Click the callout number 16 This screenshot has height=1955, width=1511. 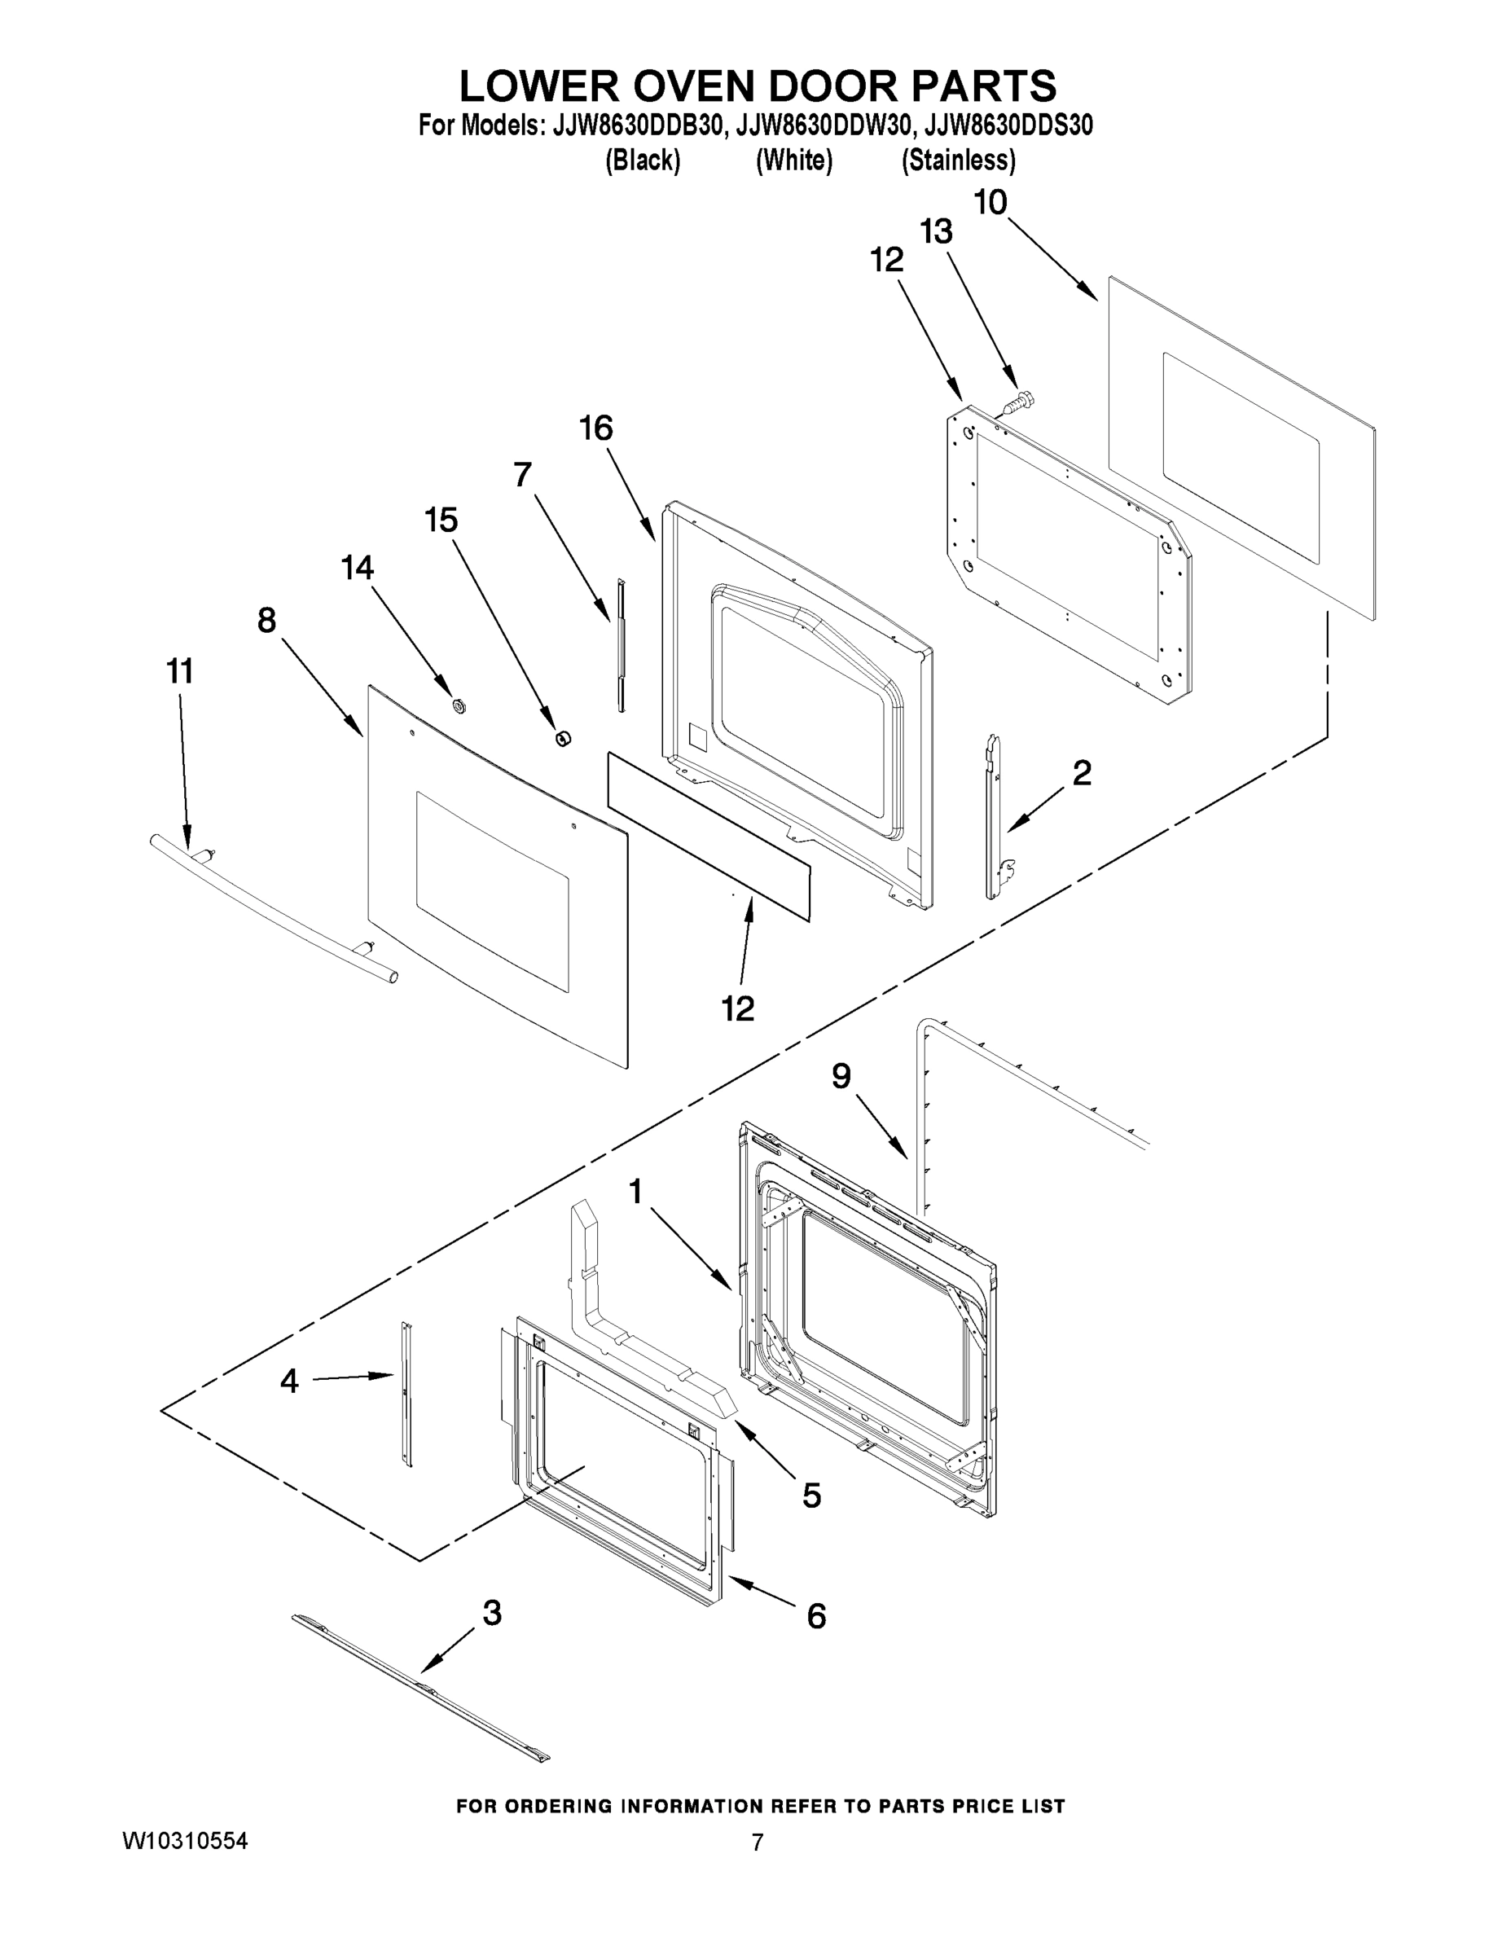pyautogui.click(x=596, y=428)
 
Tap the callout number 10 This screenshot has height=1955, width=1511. pyautogui.click(x=990, y=203)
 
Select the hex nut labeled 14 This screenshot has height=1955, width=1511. pyautogui.click(x=459, y=706)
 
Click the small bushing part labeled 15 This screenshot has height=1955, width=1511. pyautogui.click(x=563, y=737)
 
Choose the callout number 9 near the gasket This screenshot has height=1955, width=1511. pyautogui.click(x=841, y=1076)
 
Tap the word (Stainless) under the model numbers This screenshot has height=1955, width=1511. pyautogui.click(x=958, y=161)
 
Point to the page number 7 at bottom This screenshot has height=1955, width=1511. pyautogui.click(x=758, y=1843)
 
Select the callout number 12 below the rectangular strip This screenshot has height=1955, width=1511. pyautogui.click(x=739, y=1008)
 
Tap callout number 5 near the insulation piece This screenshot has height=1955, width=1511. pyautogui.click(x=811, y=1495)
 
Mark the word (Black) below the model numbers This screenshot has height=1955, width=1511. pyautogui.click(x=643, y=161)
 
